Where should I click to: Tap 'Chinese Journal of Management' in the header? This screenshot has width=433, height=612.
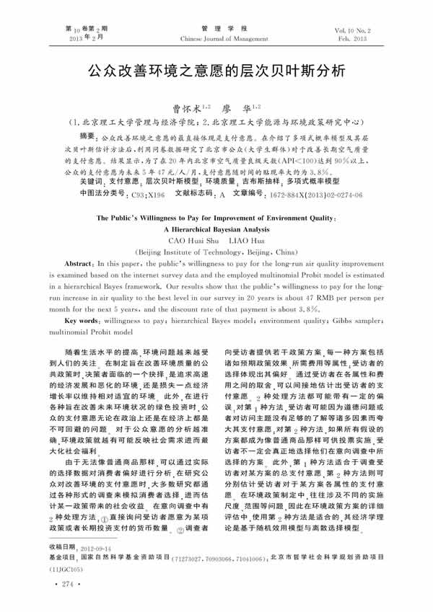tap(217, 34)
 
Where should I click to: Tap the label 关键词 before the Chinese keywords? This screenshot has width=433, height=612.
tap(92, 183)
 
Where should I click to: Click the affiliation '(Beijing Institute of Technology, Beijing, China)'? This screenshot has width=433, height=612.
tap(216, 253)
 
